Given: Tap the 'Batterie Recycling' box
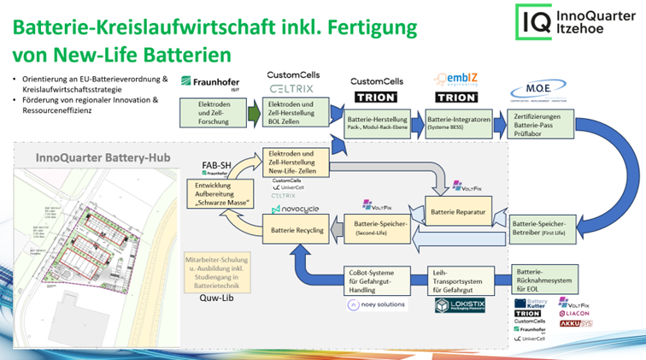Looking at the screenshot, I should click(x=297, y=231).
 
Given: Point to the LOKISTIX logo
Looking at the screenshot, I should click(x=460, y=305).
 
